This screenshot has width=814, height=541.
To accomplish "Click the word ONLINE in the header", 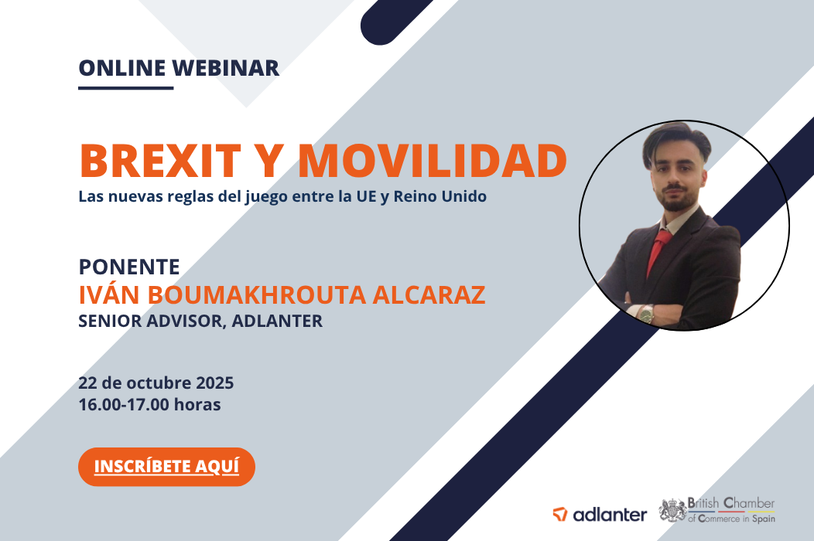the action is click(122, 68).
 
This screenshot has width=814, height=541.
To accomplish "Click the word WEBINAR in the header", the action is click(226, 68).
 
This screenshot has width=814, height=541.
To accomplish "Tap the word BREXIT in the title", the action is click(160, 160).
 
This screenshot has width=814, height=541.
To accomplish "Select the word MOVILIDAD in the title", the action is click(433, 160).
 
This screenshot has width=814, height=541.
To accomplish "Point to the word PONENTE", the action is click(129, 267).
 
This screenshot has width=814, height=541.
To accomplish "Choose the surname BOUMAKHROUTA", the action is click(256, 294).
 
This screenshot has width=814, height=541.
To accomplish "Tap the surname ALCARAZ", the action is click(429, 294).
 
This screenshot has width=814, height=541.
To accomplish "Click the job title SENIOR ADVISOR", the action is click(152, 322).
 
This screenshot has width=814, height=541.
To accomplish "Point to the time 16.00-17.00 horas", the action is click(149, 404).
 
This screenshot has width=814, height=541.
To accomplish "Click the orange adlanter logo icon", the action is click(560, 514).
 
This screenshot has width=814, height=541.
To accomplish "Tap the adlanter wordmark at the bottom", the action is click(610, 515).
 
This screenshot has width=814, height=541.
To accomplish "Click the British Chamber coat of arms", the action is click(673, 510).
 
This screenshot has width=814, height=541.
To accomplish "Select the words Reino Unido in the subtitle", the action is click(440, 196).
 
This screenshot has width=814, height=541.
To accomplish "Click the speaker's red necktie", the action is click(658, 252).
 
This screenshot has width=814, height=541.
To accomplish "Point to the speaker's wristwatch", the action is click(646, 314).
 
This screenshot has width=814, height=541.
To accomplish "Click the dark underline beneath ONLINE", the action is click(125, 88).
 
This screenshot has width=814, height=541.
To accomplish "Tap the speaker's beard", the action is click(678, 199).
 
